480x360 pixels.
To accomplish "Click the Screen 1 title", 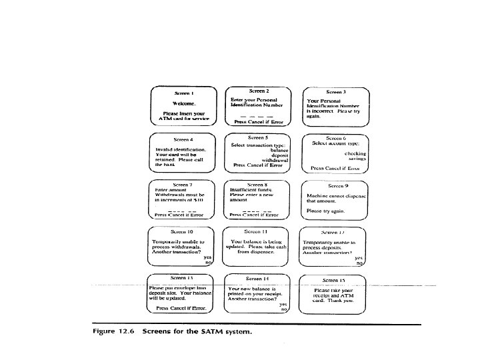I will point(183,93).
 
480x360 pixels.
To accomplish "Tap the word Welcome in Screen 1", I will point(183,103).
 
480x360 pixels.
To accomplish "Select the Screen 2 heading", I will point(259,90).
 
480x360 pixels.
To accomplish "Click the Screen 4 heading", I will point(183,139).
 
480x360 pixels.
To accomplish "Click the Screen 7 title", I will point(182,183).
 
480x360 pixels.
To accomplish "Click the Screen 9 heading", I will point(338,185).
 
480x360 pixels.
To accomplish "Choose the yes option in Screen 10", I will point(207,257).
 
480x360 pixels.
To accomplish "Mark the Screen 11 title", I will point(257,231).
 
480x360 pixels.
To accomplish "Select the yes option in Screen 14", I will point(283,305).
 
